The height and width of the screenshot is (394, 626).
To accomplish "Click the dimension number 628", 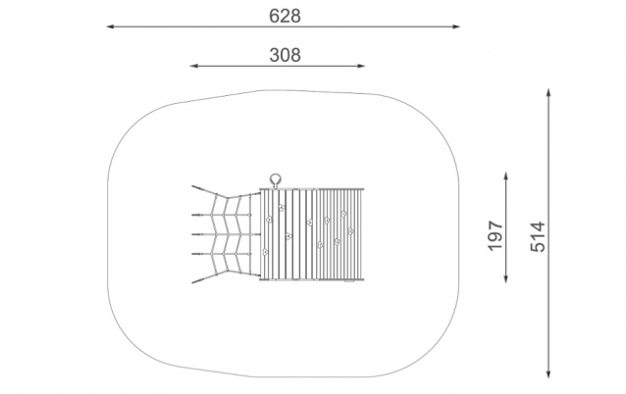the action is click(285, 16).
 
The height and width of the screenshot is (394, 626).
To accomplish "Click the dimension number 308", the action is click(285, 55).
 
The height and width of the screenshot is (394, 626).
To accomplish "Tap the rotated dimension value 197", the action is click(496, 235).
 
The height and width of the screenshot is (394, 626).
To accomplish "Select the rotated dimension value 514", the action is click(538, 237).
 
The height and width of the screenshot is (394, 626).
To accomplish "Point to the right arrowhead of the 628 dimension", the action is click(455, 26).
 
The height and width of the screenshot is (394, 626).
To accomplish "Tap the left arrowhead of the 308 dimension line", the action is click(194, 66).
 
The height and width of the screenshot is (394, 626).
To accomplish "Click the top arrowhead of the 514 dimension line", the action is click(548, 93).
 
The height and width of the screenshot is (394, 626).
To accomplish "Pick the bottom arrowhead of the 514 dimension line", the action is click(548, 373).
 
